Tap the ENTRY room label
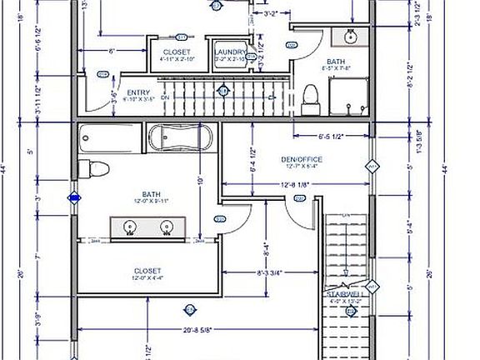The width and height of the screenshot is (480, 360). coord(137,92)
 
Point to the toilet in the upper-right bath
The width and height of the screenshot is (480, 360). coord(310,98)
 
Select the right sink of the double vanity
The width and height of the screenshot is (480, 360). coord(167,225)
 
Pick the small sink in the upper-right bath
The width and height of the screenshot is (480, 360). coord(351,37)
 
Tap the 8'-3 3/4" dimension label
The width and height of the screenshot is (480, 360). coord(272,272)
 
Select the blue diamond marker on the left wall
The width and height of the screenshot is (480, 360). coord(75,198)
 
